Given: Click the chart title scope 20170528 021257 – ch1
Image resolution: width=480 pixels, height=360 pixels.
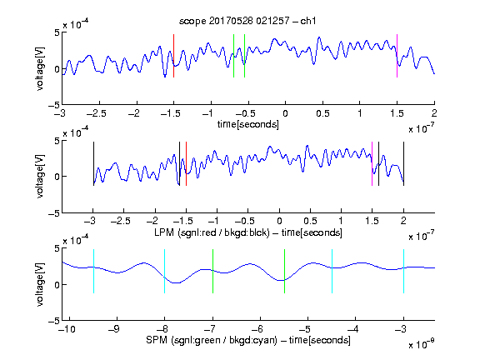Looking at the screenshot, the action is pyautogui.click(x=247, y=21).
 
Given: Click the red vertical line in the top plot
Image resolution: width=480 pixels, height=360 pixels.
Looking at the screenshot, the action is pyautogui.click(x=173, y=56).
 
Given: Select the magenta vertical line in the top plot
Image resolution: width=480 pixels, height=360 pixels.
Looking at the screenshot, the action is pyautogui.click(x=397, y=56).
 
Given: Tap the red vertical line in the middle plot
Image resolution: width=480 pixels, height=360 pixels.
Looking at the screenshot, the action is pyautogui.click(x=186, y=164).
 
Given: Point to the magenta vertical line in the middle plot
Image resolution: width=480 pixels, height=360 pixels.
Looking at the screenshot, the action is pyautogui.click(x=372, y=164).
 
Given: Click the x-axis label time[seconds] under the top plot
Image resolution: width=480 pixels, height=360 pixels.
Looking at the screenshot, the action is pyautogui.click(x=248, y=124).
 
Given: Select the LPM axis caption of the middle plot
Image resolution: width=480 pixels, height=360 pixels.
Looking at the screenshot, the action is pyautogui.click(x=248, y=232).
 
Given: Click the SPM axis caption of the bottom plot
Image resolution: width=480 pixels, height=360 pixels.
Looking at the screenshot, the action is pyautogui.click(x=248, y=340).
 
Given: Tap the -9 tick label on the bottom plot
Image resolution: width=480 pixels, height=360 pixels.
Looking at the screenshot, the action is pyautogui.click(x=114, y=329).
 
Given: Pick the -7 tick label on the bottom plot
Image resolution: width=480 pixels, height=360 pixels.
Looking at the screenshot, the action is pyautogui.click(x=210, y=329).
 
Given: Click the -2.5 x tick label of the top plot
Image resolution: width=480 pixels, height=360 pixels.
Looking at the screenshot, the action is pyautogui.click(x=96, y=113).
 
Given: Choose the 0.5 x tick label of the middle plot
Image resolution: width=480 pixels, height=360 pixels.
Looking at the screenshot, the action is pyautogui.click(x=310, y=221).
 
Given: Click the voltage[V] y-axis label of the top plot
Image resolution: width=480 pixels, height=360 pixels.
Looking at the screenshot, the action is pyautogui.click(x=40, y=68).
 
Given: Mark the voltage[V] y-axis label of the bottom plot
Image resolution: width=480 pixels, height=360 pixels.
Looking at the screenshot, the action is pyautogui.click(x=40, y=284).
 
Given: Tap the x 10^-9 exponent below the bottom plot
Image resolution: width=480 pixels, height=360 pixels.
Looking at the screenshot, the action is pyautogui.click(x=422, y=344).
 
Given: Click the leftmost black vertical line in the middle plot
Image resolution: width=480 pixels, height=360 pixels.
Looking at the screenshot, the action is pyautogui.click(x=93, y=164).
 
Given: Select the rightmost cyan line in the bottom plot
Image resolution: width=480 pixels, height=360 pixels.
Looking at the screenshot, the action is pyautogui.click(x=403, y=272).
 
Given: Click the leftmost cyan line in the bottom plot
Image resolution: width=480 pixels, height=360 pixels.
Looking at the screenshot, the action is pyautogui.click(x=93, y=272).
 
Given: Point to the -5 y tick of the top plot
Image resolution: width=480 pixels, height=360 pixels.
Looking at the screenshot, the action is pyautogui.click(x=54, y=105).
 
